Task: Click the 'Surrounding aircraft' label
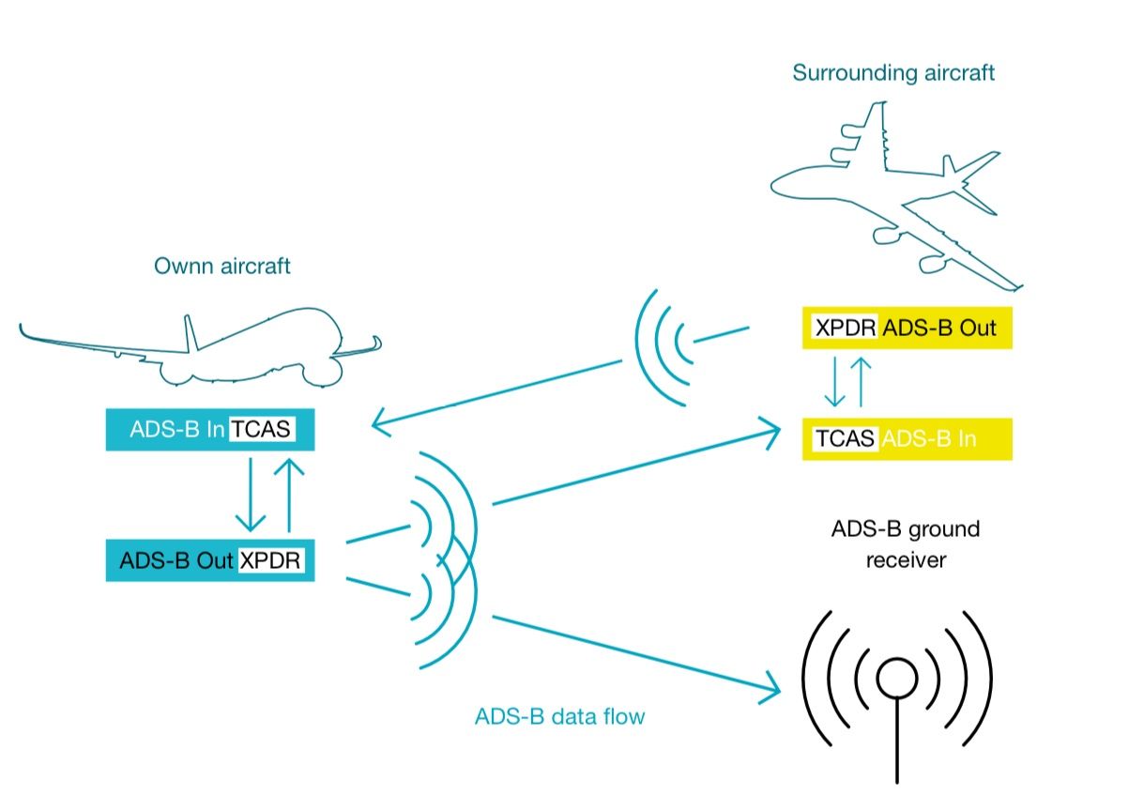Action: point(893,73)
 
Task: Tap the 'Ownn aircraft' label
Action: point(222,267)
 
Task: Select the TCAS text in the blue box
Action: point(263,431)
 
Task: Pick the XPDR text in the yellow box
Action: point(846,329)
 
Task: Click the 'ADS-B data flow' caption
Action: point(560,717)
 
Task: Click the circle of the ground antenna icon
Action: point(896,677)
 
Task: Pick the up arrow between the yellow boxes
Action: point(862,380)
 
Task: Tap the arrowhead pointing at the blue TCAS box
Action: point(380,425)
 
